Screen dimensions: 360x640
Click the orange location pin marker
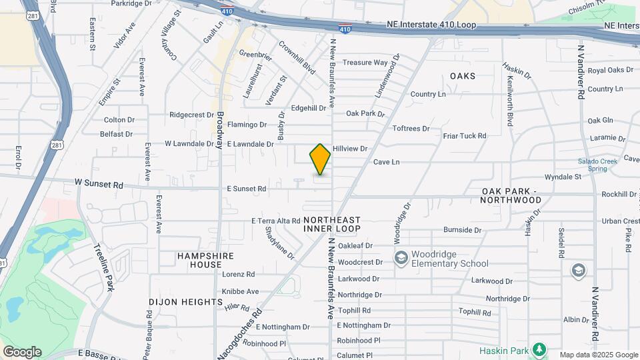point(320,159)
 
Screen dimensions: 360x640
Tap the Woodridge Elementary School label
point(450,259)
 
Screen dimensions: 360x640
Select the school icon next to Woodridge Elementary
point(401,257)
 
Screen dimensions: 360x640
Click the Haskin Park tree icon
point(539,349)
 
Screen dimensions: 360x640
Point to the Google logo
point(22,351)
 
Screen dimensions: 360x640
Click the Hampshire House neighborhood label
point(199,260)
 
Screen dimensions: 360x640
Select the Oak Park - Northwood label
point(521,195)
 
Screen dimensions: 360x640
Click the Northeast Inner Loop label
point(331,224)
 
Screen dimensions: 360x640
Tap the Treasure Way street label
point(365,63)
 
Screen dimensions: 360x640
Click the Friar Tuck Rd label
point(465,136)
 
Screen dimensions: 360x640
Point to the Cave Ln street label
point(386,162)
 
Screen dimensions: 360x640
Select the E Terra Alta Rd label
point(276,221)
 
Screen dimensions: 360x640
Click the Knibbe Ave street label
point(240,291)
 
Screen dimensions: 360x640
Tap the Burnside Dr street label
point(462,230)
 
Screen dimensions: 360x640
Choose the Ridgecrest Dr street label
point(191,115)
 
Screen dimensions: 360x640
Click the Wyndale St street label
point(563,177)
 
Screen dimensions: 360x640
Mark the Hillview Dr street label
point(350,148)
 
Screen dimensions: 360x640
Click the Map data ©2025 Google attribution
point(598,355)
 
